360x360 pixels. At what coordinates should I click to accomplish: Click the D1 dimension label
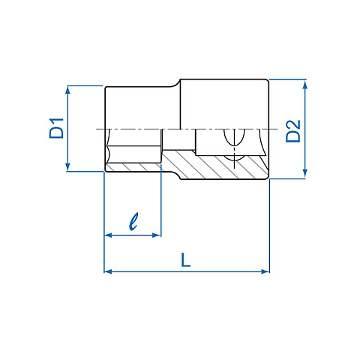57,128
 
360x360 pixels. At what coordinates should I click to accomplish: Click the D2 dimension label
293,131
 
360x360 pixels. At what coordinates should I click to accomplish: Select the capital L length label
185,259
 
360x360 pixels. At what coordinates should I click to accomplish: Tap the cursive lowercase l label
133,221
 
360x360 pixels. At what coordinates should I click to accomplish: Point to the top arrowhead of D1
67,90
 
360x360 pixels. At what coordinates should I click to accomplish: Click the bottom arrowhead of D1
67,167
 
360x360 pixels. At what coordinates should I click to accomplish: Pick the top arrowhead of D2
304,85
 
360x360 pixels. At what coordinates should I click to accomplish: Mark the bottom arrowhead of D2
304,173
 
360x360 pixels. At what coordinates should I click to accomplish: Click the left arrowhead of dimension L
108,271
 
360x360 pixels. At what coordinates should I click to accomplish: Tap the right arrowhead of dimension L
265,271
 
